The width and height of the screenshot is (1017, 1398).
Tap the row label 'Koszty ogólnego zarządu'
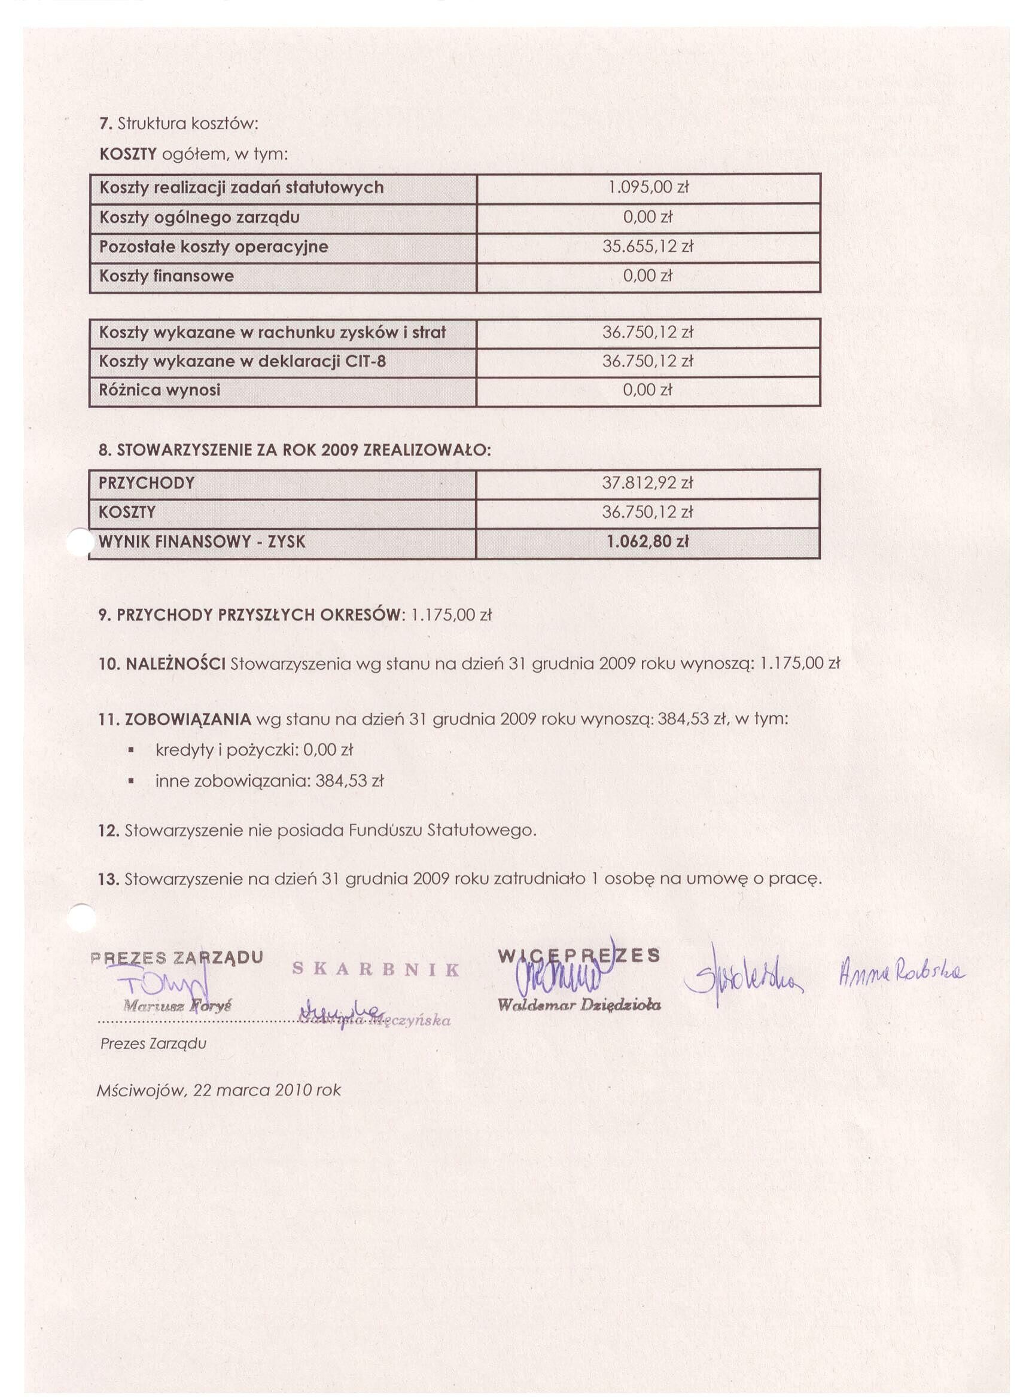point(199,217)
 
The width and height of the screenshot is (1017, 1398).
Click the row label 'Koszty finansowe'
point(166,276)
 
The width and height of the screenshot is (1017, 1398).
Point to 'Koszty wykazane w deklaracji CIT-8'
point(242,361)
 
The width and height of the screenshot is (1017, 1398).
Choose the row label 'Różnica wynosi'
point(159,390)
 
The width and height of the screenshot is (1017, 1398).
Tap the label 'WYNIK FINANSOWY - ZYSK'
point(202,542)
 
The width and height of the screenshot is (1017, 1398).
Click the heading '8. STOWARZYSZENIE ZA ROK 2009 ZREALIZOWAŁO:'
point(295,451)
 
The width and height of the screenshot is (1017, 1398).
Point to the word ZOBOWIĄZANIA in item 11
point(187,719)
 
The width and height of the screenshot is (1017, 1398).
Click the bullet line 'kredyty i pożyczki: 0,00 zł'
point(254,750)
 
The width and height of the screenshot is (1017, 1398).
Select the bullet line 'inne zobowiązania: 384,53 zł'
point(270,781)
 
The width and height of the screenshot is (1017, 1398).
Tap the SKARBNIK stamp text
point(376,970)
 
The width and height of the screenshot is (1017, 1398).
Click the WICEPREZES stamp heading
point(578,956)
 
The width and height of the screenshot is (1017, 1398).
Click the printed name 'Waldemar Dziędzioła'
point(579,1005)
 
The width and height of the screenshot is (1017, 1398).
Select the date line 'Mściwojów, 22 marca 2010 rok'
point(219,1091)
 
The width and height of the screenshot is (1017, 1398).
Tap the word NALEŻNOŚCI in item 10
point(175,664)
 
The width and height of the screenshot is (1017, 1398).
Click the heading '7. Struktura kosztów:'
point(178,124)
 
